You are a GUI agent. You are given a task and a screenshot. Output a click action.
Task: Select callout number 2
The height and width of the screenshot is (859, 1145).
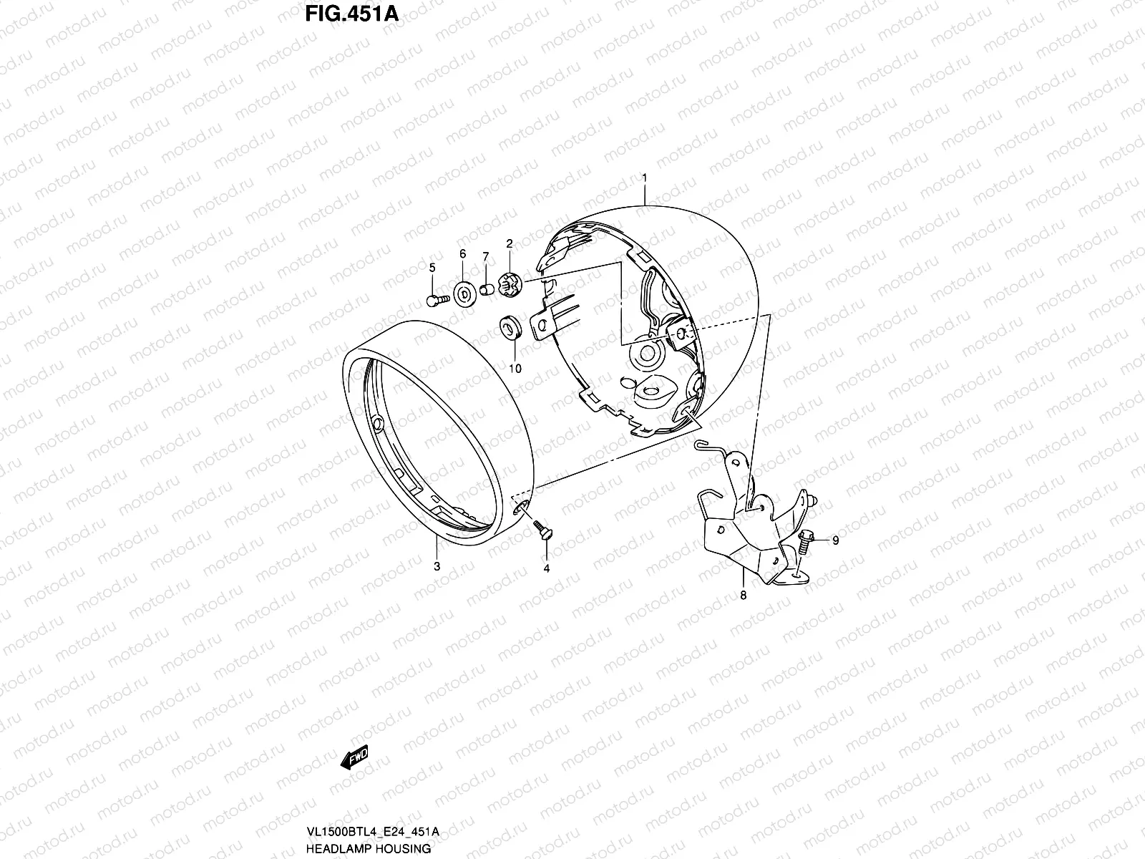click(510, 244)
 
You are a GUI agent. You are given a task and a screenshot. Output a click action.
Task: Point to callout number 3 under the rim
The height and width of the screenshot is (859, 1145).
click(437, 566)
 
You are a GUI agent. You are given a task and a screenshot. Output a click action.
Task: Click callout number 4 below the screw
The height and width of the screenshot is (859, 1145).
click(547, 569)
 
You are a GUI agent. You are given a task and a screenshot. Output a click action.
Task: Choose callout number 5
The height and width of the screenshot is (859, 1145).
click(432, 268)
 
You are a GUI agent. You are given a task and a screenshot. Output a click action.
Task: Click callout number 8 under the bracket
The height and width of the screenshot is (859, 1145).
click(743, 595)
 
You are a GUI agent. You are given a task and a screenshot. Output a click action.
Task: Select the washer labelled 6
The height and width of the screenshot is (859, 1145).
click(463, 294)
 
